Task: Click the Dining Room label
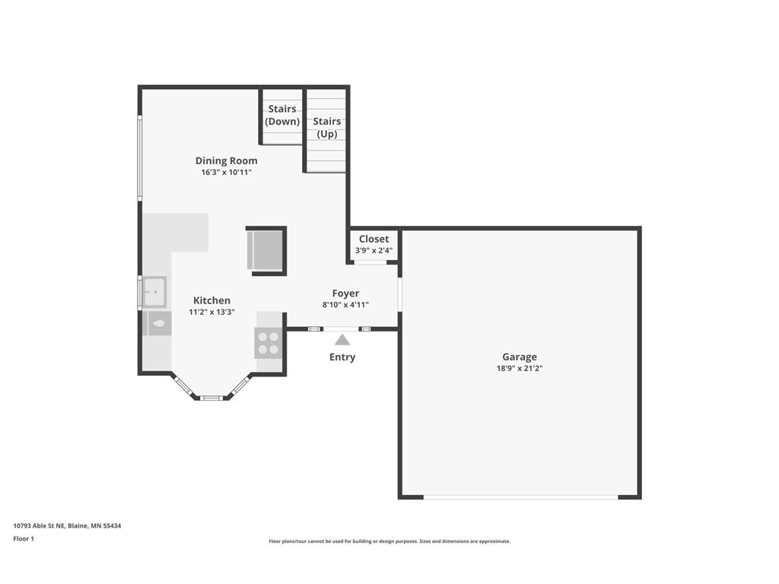coord(226,160)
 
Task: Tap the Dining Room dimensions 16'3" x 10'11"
coord(226,173)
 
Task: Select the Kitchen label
coord(211,300)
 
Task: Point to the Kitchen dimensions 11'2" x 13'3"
coord(211,312)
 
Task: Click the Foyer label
coord(346,294)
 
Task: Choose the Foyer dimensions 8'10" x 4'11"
coord(346,305)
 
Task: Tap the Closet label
coord(374,239)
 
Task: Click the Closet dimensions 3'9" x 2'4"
coord(374,250)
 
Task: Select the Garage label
coord(520,357)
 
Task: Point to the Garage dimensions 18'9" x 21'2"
coord(520,369)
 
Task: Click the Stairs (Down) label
coord(282,116)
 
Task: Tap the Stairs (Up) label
coord(327,128)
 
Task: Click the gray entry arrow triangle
coord(342,340)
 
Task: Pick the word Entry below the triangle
coord(342,357)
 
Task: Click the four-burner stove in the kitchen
coord(269,343)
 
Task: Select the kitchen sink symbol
coord(154,292)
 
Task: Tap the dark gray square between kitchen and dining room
coord(266,251)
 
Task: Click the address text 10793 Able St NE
coord(39,525)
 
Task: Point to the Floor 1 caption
coord(24,539)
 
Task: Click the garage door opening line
coord(520,497)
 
